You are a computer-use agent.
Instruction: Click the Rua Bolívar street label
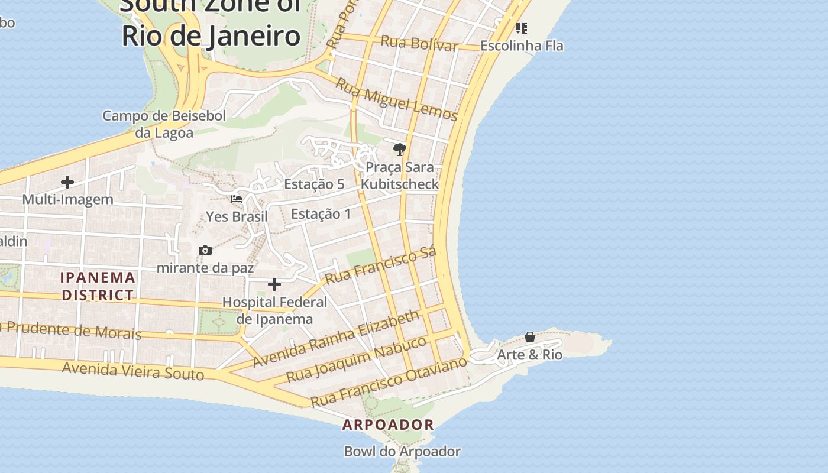pyautogui.click(x=419, y=44)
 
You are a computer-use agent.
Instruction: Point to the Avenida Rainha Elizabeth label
pyautogui.click(x=337, y=338)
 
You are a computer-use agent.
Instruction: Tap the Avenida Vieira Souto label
pyautogui.click(x=133, y=371)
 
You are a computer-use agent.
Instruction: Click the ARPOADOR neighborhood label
pyautogui.click(x=389, y=425)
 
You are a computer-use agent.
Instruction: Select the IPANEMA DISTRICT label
pyautogui.click(x=98, y=286)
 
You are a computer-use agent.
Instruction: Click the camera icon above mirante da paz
pyautogui.click(x=205, y=250)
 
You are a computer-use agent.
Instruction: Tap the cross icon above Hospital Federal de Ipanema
pyautogui.click(x=274, y=285)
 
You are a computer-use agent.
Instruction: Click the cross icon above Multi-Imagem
pyautogui.click(x=67, y=182)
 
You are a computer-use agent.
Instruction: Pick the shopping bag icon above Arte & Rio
pyautogui.click(x=530, y=337)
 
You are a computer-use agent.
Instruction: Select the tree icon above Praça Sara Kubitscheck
pyautogui.click(x=400, y=150)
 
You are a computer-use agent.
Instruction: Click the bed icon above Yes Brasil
pyautogui.click(x=237, y=199)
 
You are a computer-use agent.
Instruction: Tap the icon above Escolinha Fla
pyautogui.click(x=522, y=28)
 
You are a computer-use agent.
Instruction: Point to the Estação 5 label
pyautogui.click(x=314, y=184)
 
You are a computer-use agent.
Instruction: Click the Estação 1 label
pyautogui.click(x=321, y=213)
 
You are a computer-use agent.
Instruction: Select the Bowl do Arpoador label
pyautogui.click(x=402, y=452)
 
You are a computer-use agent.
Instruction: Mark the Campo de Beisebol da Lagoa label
pyautogui.click(x=164, y=124)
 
